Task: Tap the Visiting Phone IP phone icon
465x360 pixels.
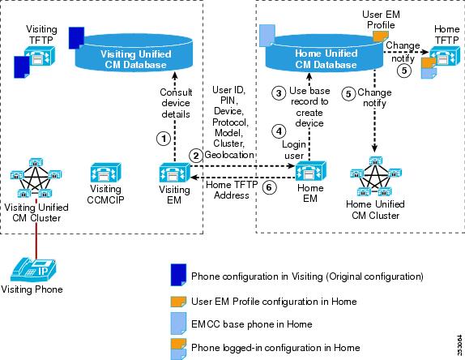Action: click(33, 269)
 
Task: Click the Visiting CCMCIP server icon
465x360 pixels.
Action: click(105, 173)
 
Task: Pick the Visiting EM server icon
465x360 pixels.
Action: click(174, 173)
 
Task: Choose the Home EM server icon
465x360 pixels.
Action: click(310, 172)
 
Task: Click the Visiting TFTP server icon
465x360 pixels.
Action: click(39, 55)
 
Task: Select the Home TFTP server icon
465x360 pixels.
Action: click(445, 56)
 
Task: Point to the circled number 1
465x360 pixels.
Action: click(163, 139)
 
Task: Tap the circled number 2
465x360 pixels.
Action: click(196, 156)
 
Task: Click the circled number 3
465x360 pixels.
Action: click(279, 93)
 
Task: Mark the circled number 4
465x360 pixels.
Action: click(279, 131)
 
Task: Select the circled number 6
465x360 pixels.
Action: click(269, 187)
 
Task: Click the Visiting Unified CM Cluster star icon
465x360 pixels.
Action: click(36, 178)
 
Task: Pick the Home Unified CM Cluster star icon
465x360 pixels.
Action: click(376, 176)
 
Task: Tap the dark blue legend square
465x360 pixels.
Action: click(178, 275)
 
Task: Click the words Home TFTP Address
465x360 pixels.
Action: click(232, 190)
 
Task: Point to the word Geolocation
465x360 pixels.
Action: click(229, 155)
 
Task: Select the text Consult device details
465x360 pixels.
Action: click(176, 103)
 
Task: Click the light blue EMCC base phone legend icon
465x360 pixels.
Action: click(178, 323)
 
